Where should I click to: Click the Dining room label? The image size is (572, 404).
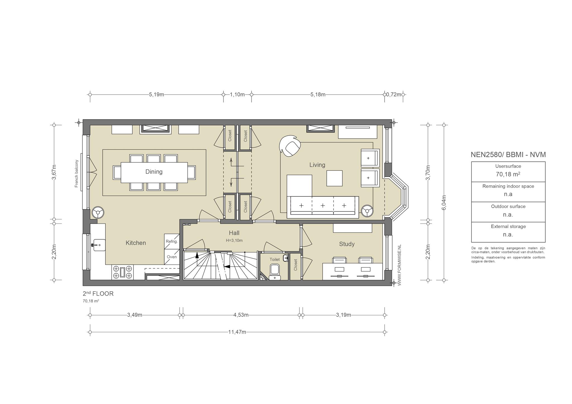pos(154,172)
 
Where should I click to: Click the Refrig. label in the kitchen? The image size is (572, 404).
pos(171,241)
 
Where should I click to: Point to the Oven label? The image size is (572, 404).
pos(171,257)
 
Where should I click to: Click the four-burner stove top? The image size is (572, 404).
pos(123,272)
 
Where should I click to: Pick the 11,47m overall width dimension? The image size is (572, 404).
pos(237,332)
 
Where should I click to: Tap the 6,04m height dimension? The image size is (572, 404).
pos(444,203)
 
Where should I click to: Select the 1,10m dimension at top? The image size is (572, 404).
pos(237,95)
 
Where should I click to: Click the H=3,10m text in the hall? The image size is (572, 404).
pos(234,240)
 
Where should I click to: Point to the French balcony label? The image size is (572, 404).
pos(77,174)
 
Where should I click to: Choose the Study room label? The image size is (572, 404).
pos(347,244)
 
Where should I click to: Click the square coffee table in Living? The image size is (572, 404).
pos(335,178)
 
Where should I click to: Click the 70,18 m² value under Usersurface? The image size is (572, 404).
pos(508,174)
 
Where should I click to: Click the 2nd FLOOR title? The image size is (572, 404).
pos(98,294)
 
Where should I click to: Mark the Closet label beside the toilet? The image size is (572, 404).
pos(295,265)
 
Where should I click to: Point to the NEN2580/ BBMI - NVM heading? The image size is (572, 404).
pos(508,155)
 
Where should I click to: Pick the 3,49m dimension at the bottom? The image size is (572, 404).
pos(135,315)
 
